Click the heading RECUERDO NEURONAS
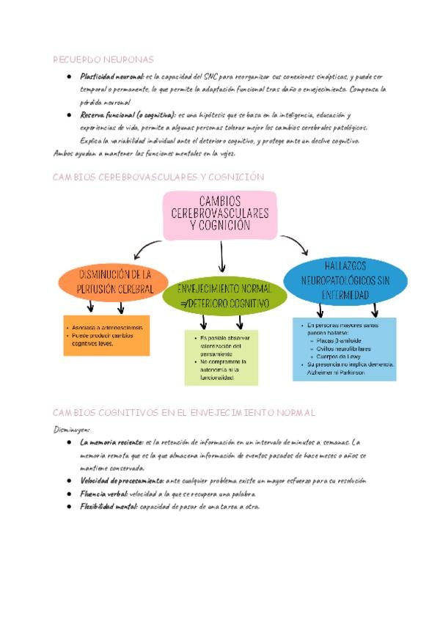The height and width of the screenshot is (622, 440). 103,59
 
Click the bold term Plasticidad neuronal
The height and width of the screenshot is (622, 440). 111,76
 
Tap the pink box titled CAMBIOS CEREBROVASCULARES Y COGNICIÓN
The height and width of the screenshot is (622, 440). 219,215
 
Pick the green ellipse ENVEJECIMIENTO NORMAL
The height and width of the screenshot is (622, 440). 225,295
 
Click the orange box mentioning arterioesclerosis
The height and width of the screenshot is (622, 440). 107,335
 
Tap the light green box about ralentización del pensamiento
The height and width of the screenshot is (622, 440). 221,357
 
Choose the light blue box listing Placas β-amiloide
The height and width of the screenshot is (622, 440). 345,348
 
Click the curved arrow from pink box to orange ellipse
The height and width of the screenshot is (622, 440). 154,246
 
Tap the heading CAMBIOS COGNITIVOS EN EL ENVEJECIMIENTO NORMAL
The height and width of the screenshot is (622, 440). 185,413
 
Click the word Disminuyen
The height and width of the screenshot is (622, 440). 72,429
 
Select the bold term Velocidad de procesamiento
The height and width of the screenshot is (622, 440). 122,481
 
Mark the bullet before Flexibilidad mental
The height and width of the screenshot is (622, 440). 67,507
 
